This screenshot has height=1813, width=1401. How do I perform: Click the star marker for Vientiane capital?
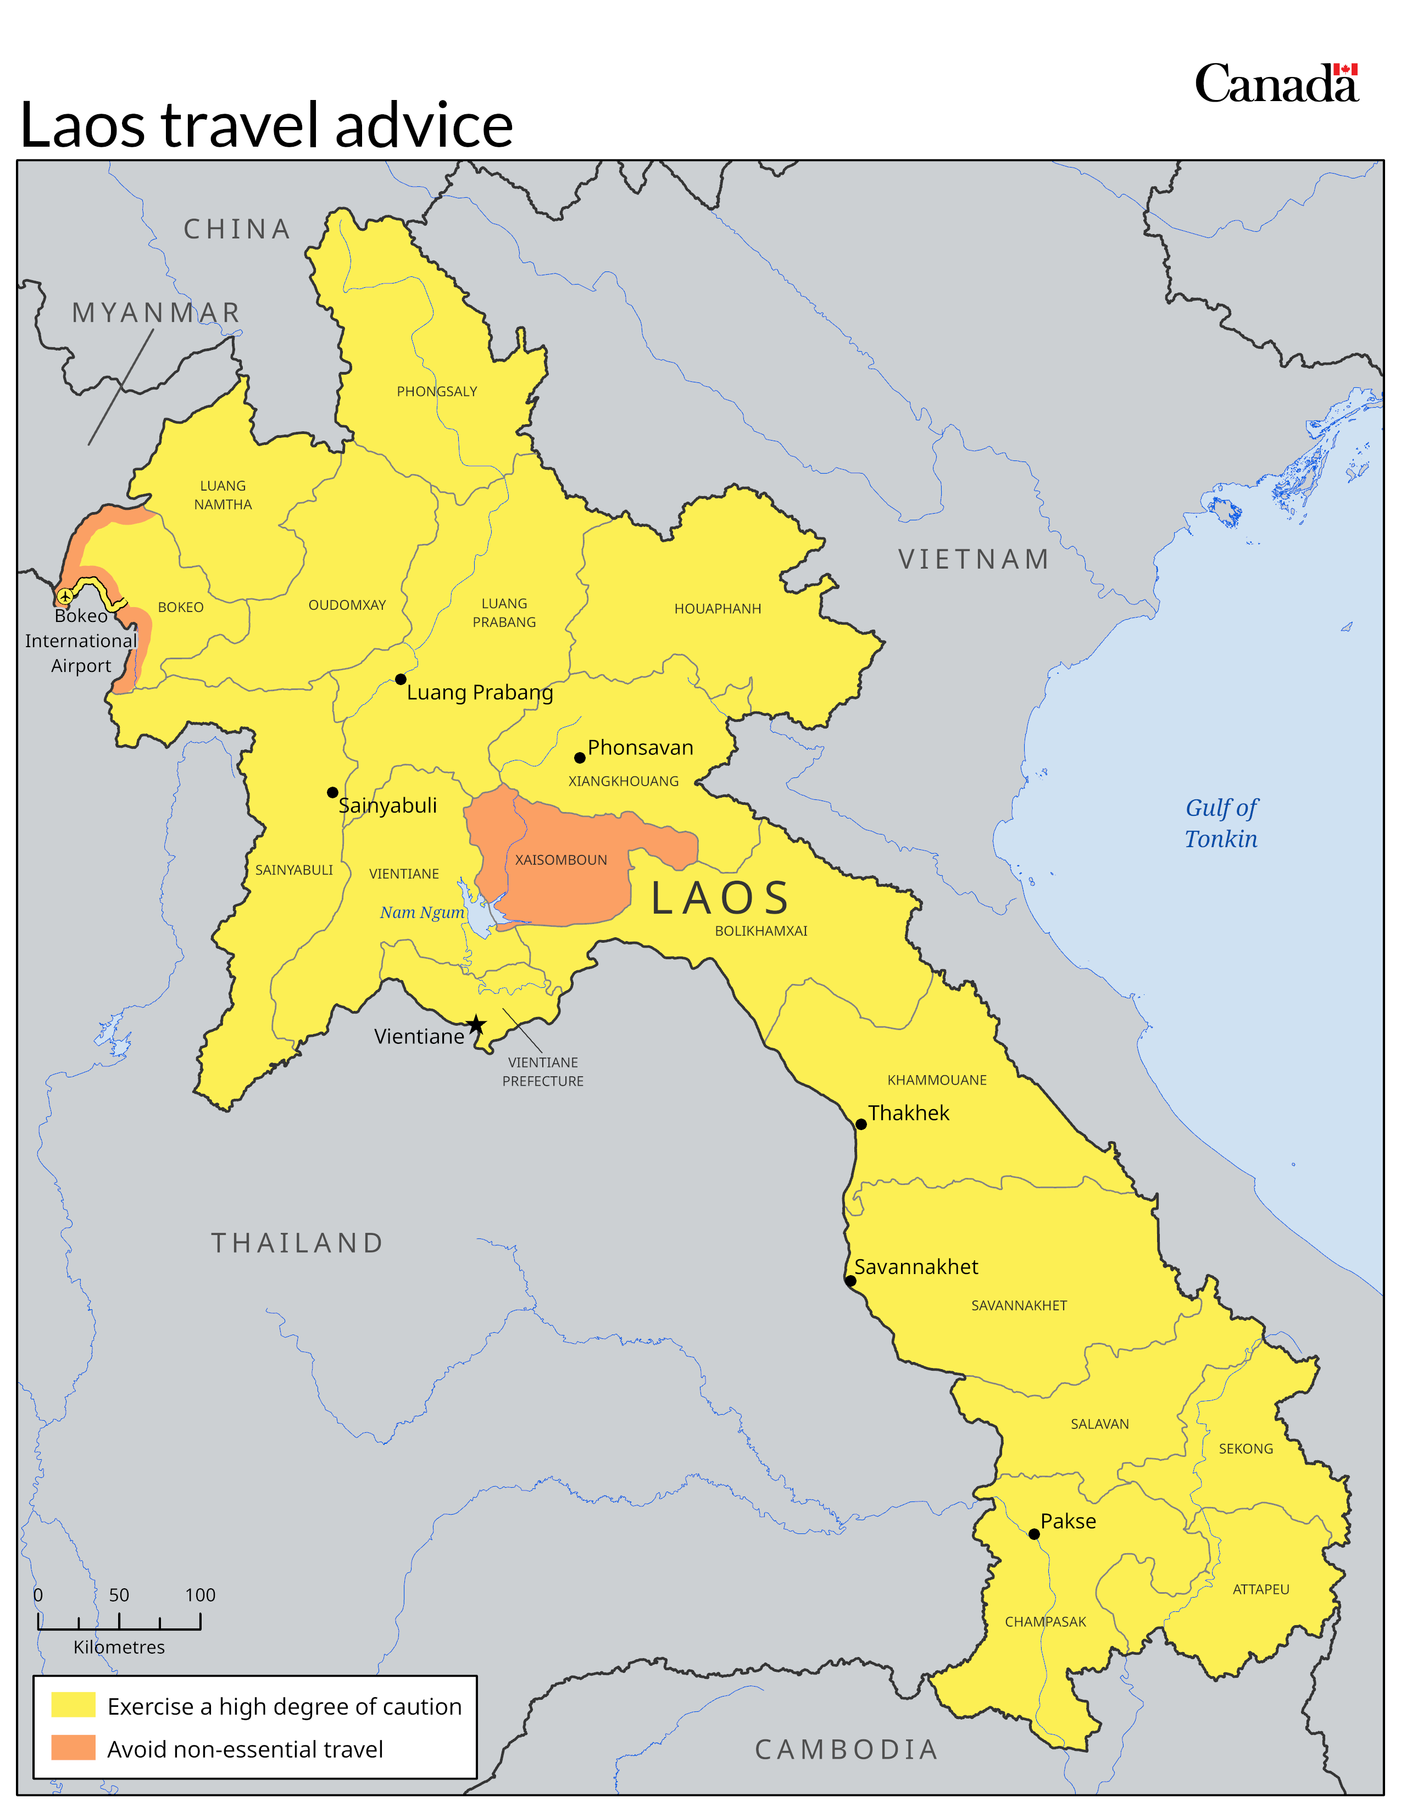(x=476, y=1025)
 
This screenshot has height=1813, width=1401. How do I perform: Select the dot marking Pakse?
(x=1034, y=1534)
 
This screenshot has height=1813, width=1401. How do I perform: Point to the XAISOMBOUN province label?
(x=561, y=860)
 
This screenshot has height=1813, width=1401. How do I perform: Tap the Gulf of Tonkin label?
(x=1221, y=822)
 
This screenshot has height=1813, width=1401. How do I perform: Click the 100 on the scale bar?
(x=200, y=1595)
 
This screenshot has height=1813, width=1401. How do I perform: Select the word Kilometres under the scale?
(x=119, y=1647)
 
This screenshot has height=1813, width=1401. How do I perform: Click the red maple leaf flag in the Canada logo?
(x=1346, y=70)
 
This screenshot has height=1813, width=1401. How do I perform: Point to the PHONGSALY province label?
(x=437, y=391)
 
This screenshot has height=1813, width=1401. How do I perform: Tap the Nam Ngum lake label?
(x=421, y=913)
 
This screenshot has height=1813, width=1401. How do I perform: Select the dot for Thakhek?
(x=861, y=1124)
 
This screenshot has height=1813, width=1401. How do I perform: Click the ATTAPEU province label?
(x=1261, y=1589)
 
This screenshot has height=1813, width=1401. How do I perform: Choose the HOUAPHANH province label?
(x=717, y=609)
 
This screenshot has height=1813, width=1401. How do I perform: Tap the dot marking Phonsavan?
(x=579, y=758)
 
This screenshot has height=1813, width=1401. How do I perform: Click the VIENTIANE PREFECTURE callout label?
(x=543, y=1071)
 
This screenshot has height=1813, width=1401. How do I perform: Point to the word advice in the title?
(x=423, y=125)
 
